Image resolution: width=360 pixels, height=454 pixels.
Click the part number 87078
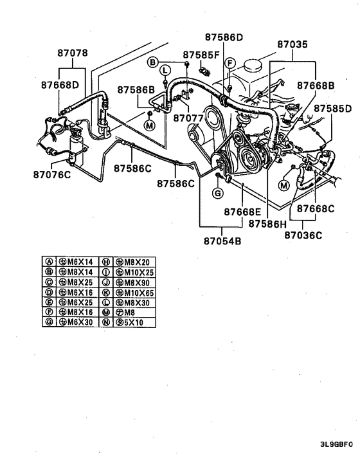[x=73, y=53]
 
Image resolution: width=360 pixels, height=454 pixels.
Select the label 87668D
[x=60, y=84]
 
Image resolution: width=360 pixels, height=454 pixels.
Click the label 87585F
[x=201, y=55]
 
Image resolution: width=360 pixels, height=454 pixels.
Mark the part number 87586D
[x=224, y=37]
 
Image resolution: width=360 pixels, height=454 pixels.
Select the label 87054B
[x=223, y=242]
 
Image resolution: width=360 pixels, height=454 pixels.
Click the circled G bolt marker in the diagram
[x=218, y=194]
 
